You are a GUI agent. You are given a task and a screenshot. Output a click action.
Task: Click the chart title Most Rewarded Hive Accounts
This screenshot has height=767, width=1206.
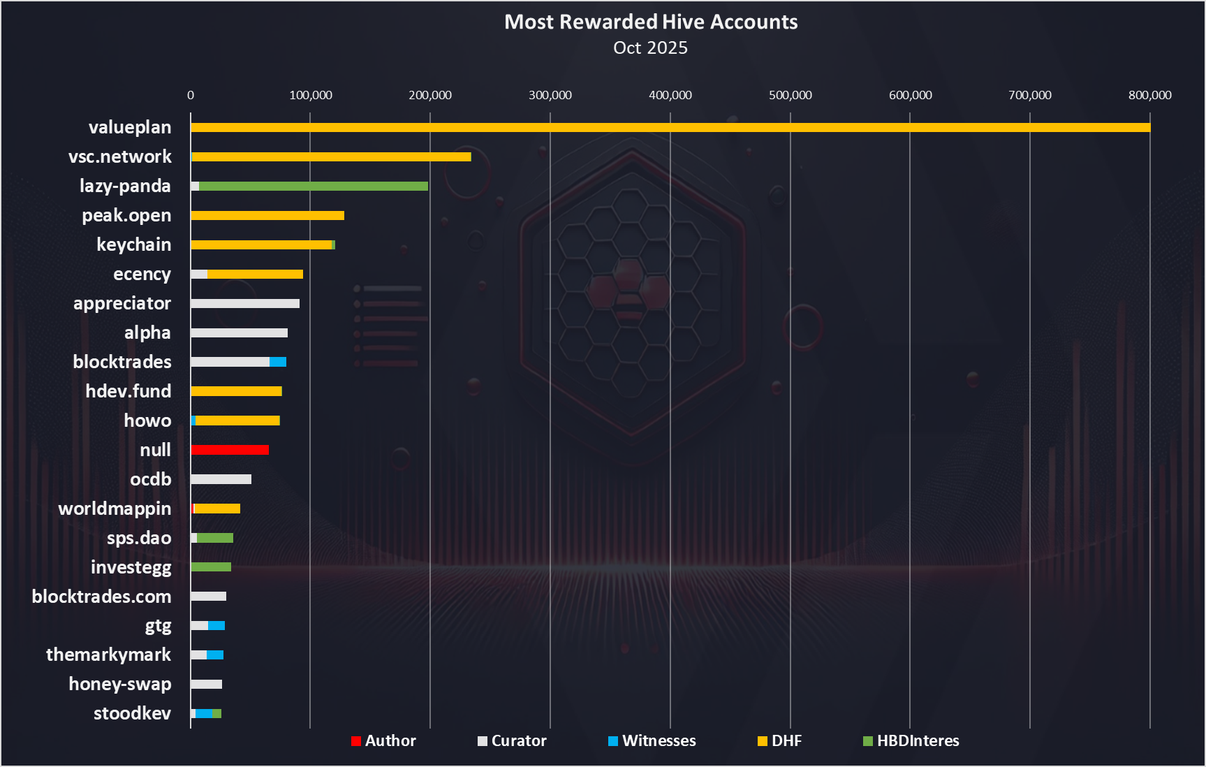click(x=651, y=22)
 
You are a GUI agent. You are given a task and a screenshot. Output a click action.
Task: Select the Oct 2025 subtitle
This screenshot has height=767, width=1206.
click(x=650, y=48)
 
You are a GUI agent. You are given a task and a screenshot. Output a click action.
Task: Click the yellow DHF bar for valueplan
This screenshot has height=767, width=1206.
click(x=670, y=127)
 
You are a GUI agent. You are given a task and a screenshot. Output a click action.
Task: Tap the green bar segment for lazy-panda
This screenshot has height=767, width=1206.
click(x=313, y=186)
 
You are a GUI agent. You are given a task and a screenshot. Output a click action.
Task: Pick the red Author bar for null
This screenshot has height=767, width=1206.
click(x=230, y=450)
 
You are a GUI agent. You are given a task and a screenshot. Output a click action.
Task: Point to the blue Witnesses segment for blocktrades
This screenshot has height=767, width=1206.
click(x=278, y=362)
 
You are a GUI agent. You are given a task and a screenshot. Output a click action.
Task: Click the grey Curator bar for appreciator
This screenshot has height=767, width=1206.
click(x=245, y=303)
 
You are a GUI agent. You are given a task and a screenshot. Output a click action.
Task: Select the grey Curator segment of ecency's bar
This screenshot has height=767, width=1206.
click(x=199, y=274)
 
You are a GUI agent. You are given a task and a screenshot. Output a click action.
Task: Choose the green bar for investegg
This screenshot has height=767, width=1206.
click(x=211, y=567)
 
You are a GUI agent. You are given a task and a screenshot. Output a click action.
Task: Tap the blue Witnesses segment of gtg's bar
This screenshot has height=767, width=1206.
click(x=216, y=625)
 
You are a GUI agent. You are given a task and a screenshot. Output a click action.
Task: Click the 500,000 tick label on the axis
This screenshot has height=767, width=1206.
click(x=790, y=95)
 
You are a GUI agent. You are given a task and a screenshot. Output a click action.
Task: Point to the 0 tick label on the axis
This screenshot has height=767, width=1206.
click(x=191, y=95)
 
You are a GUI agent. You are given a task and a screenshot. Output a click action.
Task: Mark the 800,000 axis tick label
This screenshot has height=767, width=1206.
click(x=1149, y=95)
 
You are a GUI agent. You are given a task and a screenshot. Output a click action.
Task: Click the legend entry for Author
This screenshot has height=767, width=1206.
click(x=383, y=740)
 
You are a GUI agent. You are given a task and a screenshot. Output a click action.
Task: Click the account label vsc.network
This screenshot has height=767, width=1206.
click(x=120, y=156)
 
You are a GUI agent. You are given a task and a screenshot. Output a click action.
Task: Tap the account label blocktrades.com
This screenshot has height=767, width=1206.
click(x=102, y=597)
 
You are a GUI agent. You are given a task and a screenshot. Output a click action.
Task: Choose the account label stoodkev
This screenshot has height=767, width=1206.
click(x=133, y=713)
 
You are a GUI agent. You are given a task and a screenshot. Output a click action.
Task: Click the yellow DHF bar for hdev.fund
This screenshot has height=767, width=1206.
click(x=236, y=391)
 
